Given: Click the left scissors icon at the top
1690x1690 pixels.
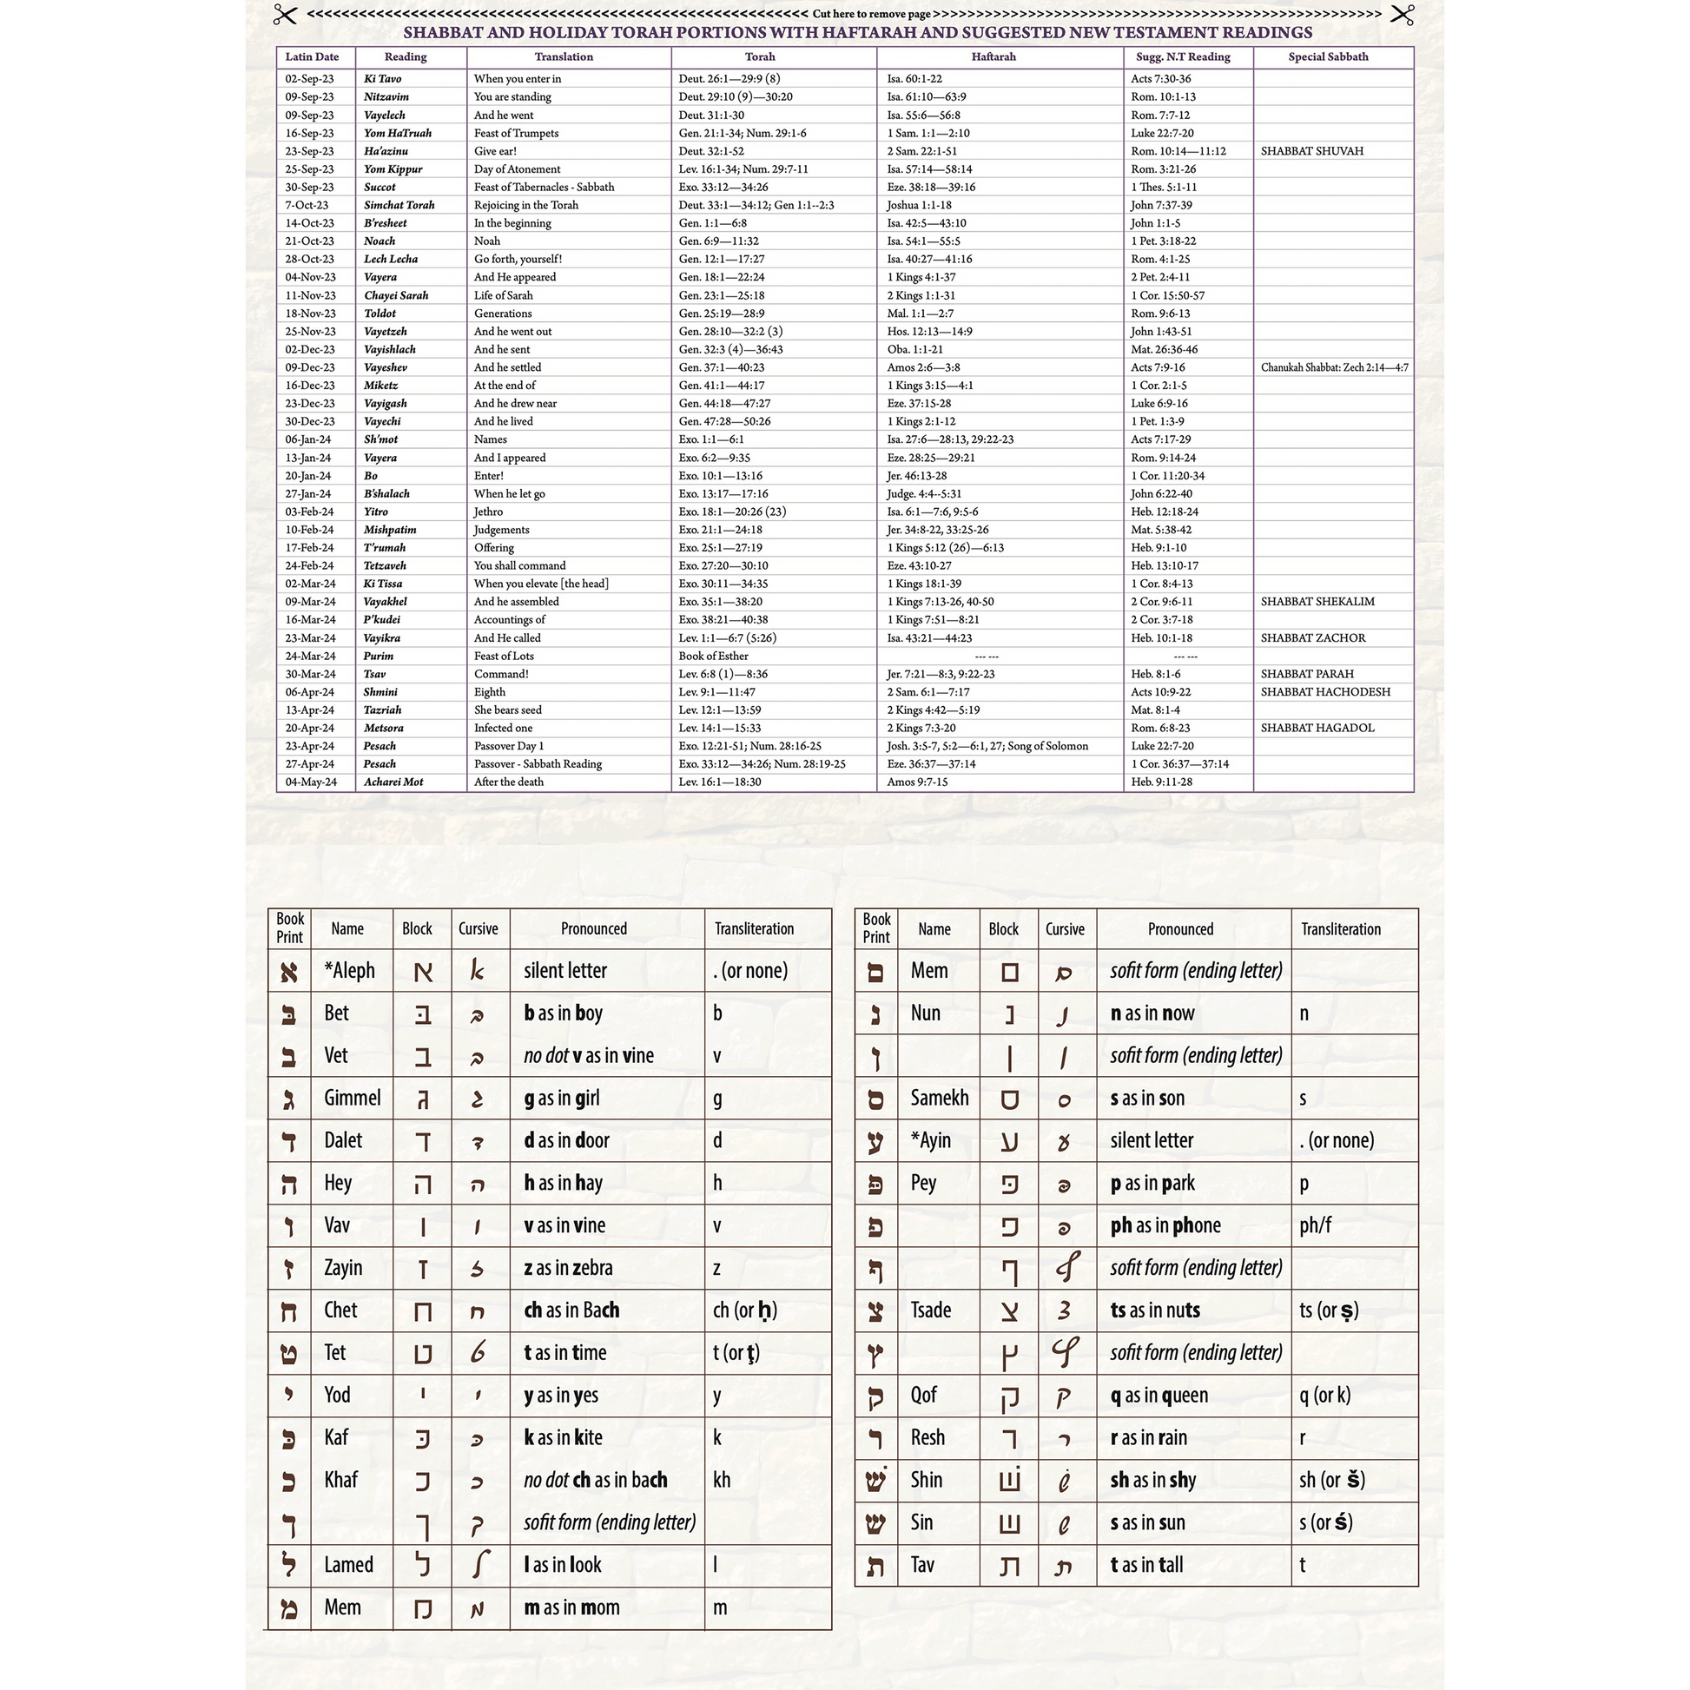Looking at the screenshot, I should [285, 15].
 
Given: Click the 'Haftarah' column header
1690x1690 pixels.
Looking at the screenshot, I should [994, 56].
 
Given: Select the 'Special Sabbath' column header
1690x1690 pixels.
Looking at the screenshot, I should [1328, 56].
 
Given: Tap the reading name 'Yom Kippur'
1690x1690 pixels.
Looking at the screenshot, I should [393, 168].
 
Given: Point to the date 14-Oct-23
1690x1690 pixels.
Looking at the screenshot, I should [310, 223].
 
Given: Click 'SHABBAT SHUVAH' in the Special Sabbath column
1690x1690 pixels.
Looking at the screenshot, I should [1312, 151].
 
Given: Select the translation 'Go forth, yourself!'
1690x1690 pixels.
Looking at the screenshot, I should [518, 259].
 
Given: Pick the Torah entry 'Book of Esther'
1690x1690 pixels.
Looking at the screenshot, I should [714, 656].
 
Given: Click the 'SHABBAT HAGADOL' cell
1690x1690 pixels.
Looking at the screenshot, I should [1317, 728].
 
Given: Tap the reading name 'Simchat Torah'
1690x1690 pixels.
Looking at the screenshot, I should [399, 205].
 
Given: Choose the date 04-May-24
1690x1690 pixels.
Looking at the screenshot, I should [311, 782].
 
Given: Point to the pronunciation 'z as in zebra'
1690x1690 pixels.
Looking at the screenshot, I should [568, 1268].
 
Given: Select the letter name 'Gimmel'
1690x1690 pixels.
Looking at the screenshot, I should [353, 1098].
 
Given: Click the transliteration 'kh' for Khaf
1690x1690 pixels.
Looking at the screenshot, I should [722, 1479].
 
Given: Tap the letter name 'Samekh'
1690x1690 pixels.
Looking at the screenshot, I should [940, 1098].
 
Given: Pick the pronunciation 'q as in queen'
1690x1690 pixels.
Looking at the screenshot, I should [1159, 1396].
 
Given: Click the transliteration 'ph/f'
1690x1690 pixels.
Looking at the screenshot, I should [1316, 1225].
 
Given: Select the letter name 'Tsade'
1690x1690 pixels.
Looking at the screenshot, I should [931, 1310].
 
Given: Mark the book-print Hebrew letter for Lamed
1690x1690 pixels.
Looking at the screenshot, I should [288, 1564].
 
